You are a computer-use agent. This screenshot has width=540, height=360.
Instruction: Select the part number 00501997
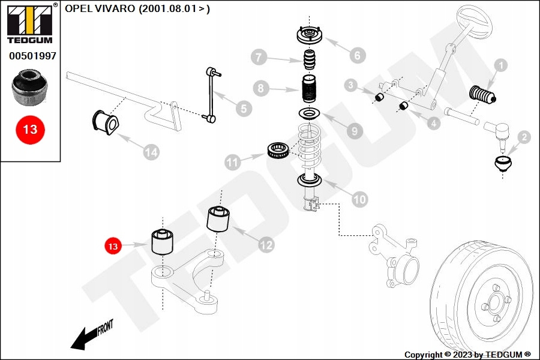click(x=32, y=56)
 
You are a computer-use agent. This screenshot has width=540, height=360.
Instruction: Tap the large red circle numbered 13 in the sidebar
click(x=30, y=129)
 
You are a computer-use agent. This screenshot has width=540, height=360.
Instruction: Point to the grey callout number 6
click(x=356, y=56)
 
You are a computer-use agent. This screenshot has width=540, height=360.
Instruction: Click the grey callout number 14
click(x=151, y=152)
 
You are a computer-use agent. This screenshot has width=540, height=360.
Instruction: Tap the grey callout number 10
click(x=359, y=199)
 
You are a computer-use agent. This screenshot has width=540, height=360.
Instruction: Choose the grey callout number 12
click(x=265, y=244)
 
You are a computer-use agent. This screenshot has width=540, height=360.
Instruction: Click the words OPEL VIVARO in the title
click(x=100, y=8)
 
